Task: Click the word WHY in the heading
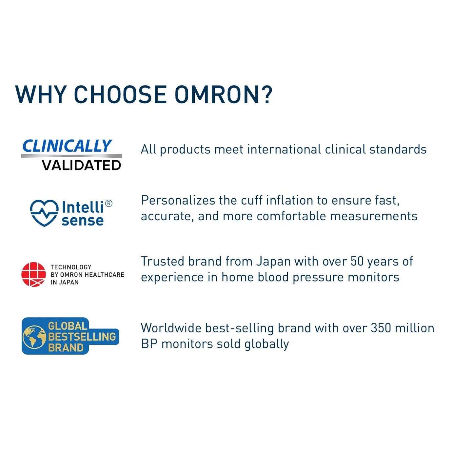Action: pyautogui.click(x=41, y=95)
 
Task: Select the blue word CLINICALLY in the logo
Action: pyautogui.click(x=67, y=146)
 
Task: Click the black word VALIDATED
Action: pyautogui.click(x=81, y=165)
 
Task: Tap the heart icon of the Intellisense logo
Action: pyautogui.click(x=44, y=213)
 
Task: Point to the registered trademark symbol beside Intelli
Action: pyautogui.click(x=109, y=204)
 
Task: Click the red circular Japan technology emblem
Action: pyautogui.click(x=33, y=274)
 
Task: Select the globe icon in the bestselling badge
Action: pyautogui.click(x=34, y=337)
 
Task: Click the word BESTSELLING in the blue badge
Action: pyautogui.click(x=82, y=337)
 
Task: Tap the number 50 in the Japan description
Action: pyautogui.click(x=357, y=261)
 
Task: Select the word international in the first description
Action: pyautogui.click(x=284, y=149)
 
